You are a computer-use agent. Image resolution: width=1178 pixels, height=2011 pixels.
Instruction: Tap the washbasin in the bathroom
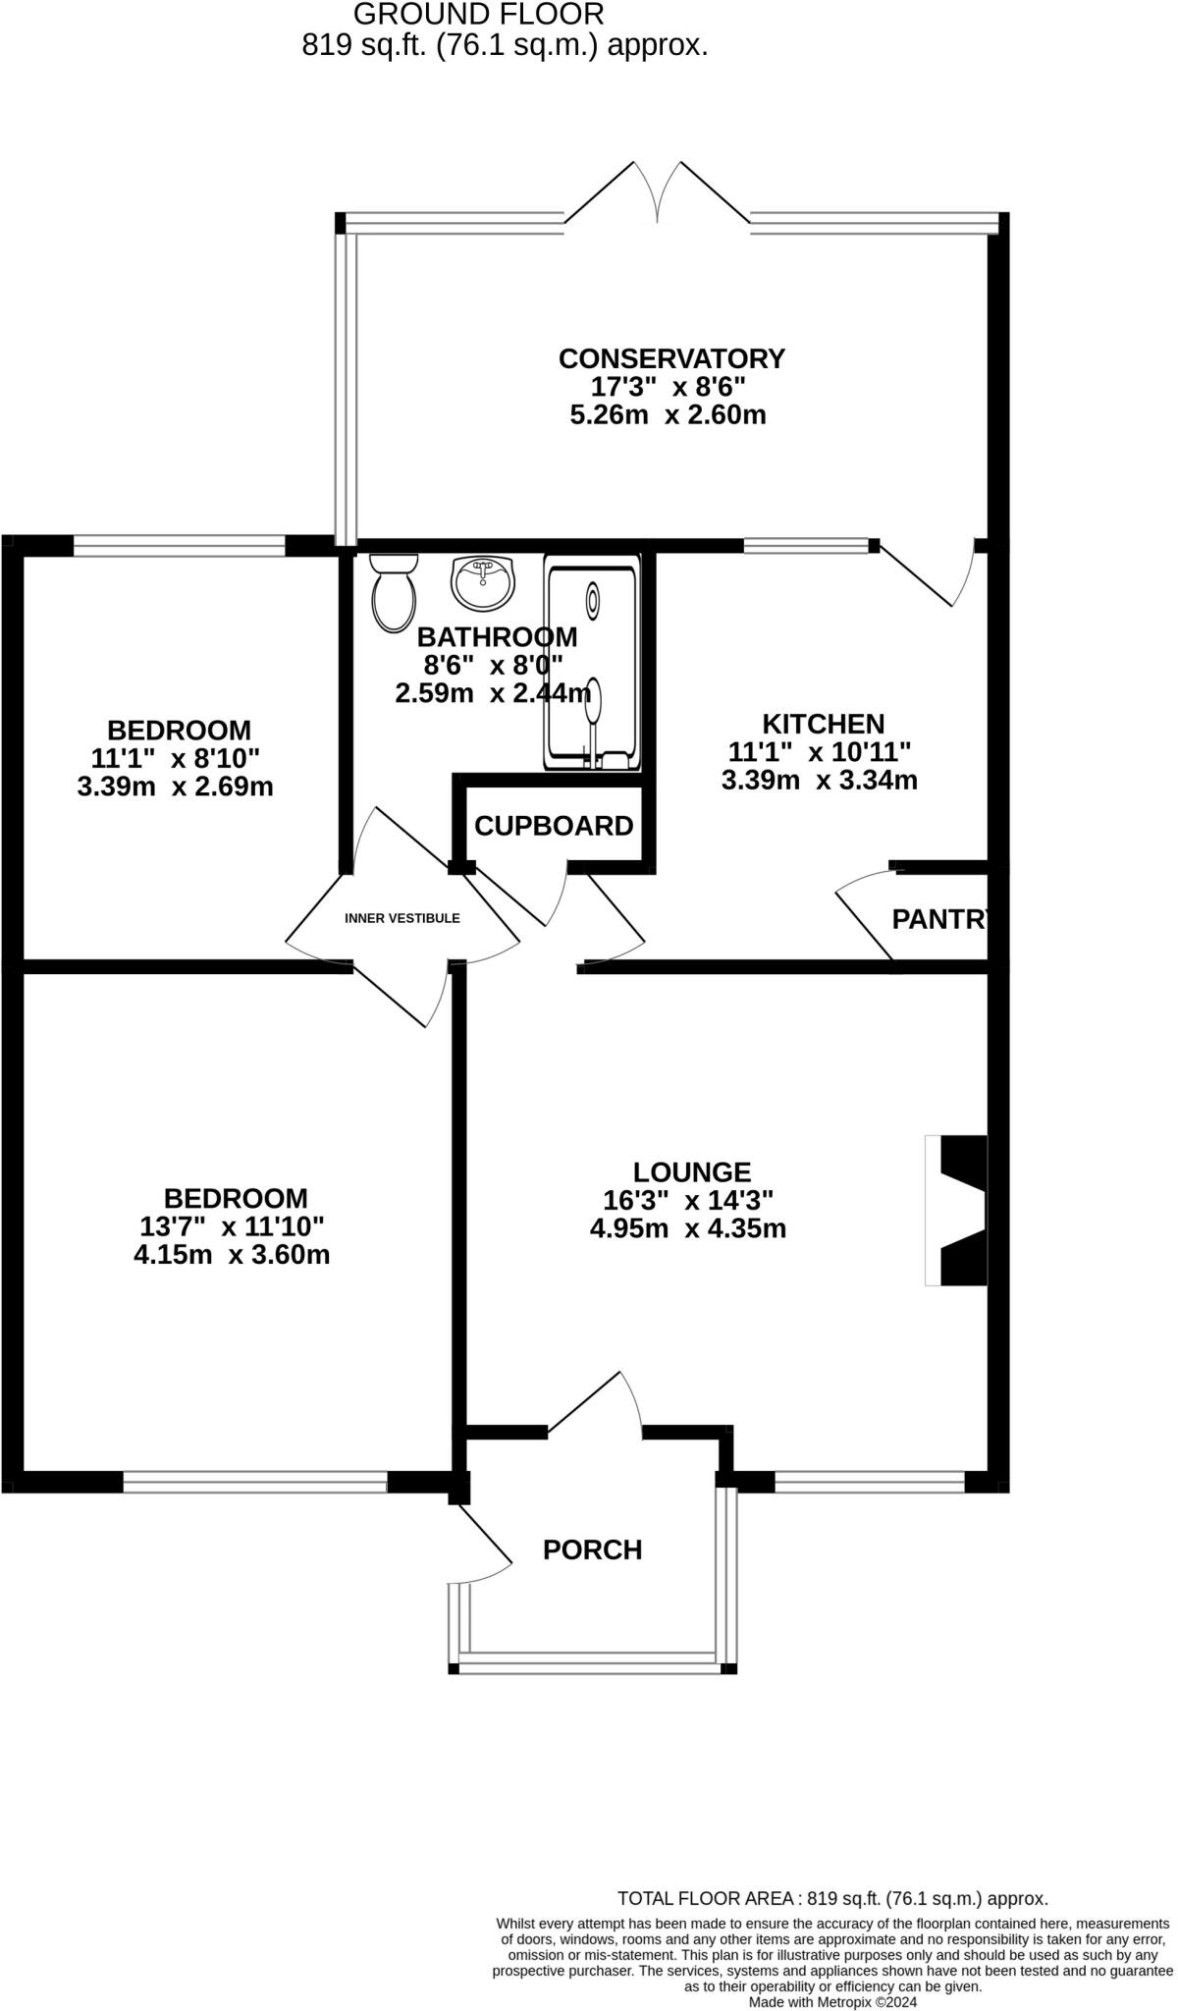tap(482, 582)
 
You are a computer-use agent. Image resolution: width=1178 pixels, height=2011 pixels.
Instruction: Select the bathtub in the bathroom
tap(593, 665)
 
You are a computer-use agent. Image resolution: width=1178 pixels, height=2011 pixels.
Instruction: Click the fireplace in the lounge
tap(958, 1210)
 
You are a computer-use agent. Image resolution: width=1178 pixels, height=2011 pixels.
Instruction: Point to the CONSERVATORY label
tap(671, 358)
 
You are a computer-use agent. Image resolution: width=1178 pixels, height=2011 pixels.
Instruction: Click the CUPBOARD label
tap(554, 826)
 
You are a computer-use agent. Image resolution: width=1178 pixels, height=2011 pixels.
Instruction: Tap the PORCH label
tap(592, 1549)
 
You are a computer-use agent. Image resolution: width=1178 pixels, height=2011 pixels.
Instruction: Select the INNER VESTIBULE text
tap(402, 918)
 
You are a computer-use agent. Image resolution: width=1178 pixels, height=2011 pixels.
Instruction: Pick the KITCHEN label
tap(823, 724)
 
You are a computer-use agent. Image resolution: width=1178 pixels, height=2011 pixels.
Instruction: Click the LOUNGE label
tap(692, 1171)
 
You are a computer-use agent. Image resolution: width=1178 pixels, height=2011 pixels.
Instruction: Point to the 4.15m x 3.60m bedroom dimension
tap(232, 1255)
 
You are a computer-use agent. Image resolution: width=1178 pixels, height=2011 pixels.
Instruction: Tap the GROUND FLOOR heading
tap(478, 14)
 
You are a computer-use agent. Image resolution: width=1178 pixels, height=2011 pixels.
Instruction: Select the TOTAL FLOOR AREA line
tap(832, 1898)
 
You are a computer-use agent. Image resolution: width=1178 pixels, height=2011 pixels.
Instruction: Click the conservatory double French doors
tap(659, 191)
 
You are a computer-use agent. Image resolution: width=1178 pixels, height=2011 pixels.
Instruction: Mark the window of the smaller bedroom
tap(180, 545)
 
